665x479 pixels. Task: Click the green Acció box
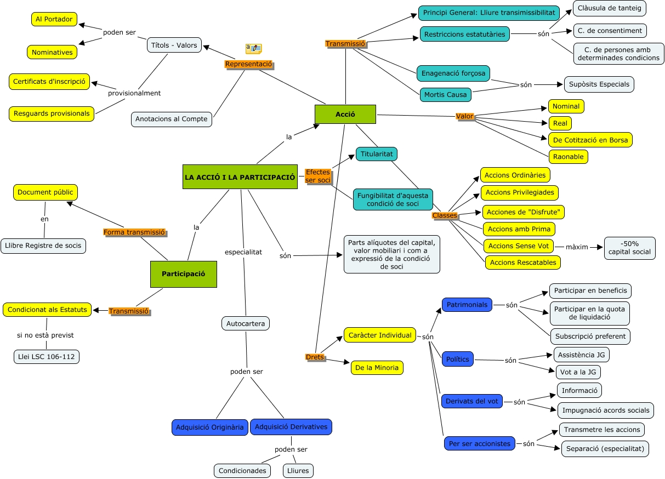[x=345, y=114]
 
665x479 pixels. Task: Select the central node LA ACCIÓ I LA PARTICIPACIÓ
[x=240, y=177]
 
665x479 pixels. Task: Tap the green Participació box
[x=183, y=274]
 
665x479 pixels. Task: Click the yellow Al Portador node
[x=54, y=19]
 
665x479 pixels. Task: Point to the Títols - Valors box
[x=174, y=45]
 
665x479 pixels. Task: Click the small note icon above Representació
[x=253, y=49]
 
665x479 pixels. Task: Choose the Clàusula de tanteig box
[x=610, y=8]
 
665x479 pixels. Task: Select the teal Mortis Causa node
[x=445, y=94]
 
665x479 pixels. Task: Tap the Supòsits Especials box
[x=599, y=84]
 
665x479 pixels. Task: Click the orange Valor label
[x=464, y=116]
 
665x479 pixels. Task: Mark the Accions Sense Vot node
[x=518, y=246]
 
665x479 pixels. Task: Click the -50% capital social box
[x=629, y=248]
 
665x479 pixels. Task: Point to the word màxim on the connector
[x=577, y=247]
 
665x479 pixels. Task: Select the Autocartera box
[x=246, y=323]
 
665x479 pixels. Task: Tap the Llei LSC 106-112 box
[x=47, y=357]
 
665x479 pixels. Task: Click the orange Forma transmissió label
[x=134, y=232]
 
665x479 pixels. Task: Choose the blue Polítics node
[x=457, y=360]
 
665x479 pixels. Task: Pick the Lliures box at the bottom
[x=298, y=470]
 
